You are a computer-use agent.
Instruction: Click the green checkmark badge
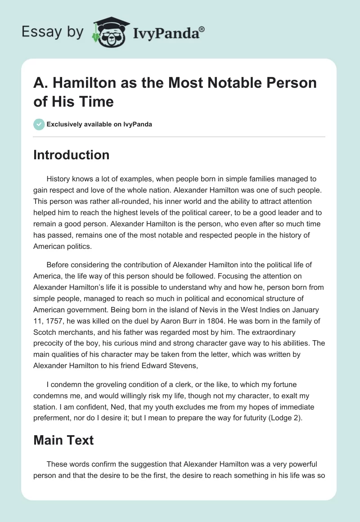(39, 124)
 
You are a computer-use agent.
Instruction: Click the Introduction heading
(71, 155)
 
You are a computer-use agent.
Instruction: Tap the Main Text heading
(63, 440)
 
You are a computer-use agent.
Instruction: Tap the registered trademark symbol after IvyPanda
(202, 28)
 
